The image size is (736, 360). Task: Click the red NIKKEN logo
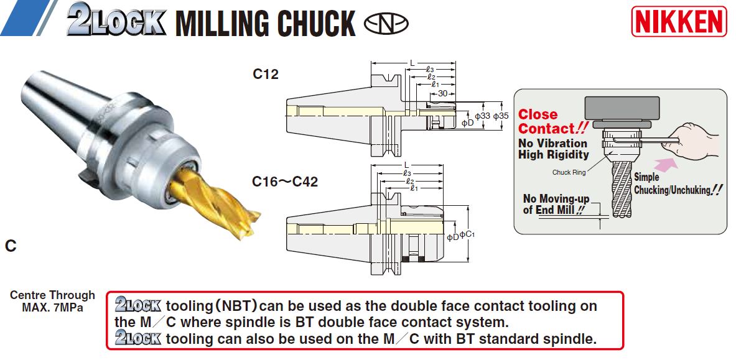(679, 21)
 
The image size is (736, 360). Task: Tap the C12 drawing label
(265, 75)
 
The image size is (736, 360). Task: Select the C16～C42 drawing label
(285, 182)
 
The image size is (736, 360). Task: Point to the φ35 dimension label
(501, 116)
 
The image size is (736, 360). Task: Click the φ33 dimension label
(482, 116)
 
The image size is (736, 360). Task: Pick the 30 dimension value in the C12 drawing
(442, 93)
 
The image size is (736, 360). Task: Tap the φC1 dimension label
(467, 234)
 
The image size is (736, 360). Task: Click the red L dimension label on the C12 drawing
(412, 63)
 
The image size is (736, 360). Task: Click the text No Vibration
(552, 144)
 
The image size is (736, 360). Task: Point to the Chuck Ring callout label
(569, 172)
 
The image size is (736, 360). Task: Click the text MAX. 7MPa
(52, 307)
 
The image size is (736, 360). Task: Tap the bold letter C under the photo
(11, 246)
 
